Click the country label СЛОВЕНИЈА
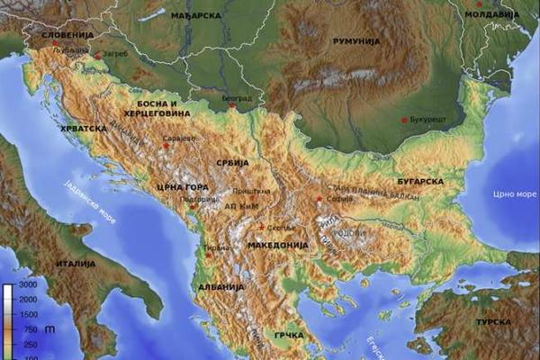pyautogui.click(x=67, y=35)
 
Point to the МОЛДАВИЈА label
pyautogui.click(x=491, y=15)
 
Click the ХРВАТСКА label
pyautogui.click(x=82, y=129)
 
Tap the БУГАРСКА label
pyautogui.click(x=420, y=182)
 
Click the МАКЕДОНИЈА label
pyautogui.click(x=277, y=244)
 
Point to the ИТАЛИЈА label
pyautogui.click(x=76, y=264)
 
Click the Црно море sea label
pyautogui.click(x=515, y=193)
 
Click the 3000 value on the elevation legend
pyautogui.click(x=27, y=285)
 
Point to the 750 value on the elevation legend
pyautogui.click(x=27, y=329)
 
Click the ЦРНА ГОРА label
pyautogui.click(x=175, y=187)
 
